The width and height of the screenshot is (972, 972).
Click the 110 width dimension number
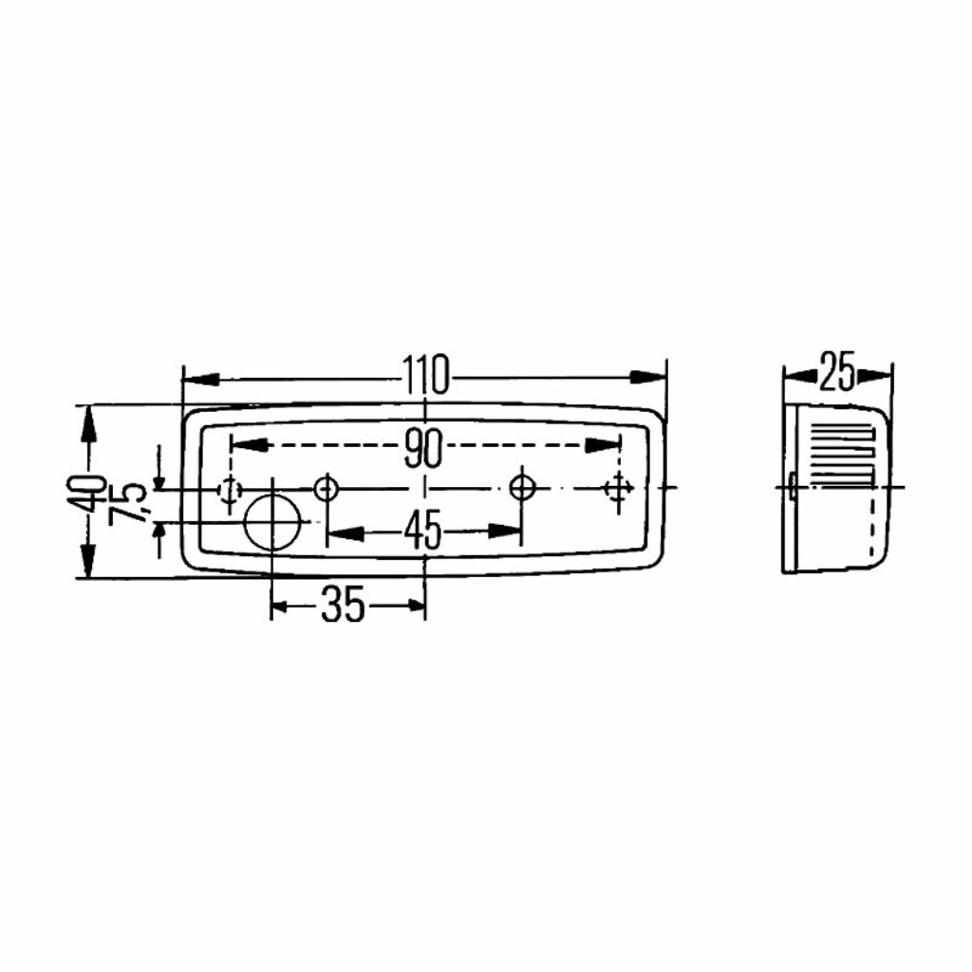tap(425, 375)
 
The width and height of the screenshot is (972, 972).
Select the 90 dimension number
tap(424, 448)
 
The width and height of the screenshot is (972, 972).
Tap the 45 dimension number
tap(424, 531)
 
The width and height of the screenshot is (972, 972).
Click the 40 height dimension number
tap(92, 493)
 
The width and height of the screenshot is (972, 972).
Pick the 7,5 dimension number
tap(128, 503)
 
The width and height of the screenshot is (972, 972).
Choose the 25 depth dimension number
tap(837, 371)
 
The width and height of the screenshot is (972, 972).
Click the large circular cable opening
tap(272, 522)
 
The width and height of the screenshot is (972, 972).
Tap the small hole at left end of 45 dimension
tap(327, 488)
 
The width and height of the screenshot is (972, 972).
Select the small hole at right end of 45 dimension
tap(523, 487)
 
